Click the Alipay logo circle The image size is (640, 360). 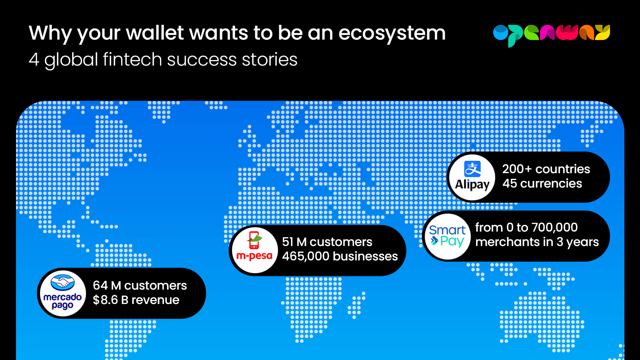click(x=472, y=178)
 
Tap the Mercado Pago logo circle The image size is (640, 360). click(x=62, y=294)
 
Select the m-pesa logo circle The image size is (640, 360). click(x=254, y=250)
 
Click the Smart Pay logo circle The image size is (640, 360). click(x=448, y=236)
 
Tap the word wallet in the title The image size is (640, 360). click(x=155, y=32)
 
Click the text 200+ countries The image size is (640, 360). click(x=546, y=169)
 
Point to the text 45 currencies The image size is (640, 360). click(x=542, y=184)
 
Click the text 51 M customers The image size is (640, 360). click(x=327, y=242)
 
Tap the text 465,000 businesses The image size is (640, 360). click(x=340, y=256)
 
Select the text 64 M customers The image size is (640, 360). click(x=140, y=286)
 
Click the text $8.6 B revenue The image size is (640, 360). click(x=136, y=300)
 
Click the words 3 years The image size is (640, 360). click(x=578, y=242)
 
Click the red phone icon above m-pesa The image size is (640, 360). click(x=254, y=240)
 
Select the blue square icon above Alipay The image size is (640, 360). click(x=472, y=169)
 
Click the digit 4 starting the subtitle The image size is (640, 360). click(x=34, y=60)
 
